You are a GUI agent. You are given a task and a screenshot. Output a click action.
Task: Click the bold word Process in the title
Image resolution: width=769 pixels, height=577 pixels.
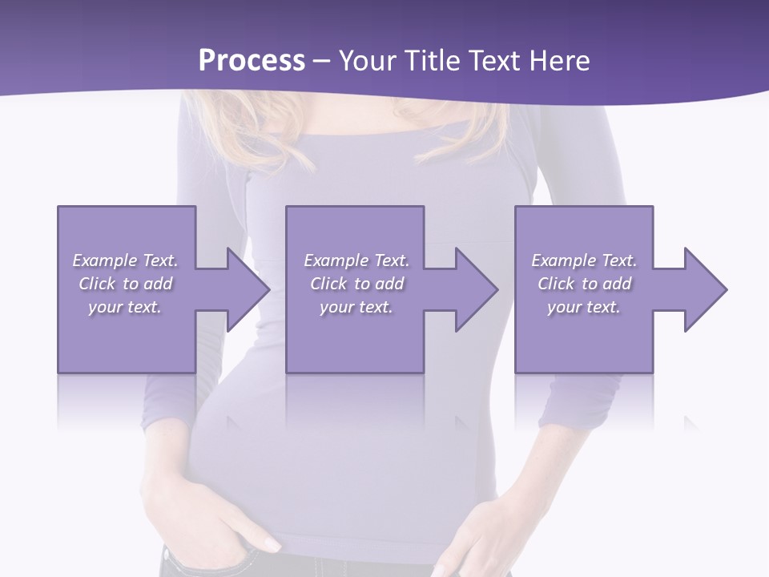[252, 61]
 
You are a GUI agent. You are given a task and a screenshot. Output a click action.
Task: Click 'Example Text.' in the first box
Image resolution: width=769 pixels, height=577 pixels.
[125, 260]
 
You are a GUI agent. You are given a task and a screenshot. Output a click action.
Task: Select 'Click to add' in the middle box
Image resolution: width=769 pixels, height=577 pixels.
[356, 284]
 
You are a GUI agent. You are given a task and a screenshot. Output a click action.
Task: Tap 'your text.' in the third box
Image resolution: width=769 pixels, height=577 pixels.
[584, 307]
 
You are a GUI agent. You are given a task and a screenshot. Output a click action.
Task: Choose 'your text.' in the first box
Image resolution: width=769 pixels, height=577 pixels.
[125, 307]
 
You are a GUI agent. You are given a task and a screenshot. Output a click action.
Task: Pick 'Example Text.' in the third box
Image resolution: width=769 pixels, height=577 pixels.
[584, 260]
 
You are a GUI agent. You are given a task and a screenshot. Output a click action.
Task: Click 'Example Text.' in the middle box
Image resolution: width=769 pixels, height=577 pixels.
[356, 260]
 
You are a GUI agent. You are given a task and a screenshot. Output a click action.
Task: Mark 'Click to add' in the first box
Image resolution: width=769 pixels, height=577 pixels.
[125, 284]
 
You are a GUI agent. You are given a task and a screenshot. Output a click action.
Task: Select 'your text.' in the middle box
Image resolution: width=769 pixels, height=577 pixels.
[356, 307]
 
